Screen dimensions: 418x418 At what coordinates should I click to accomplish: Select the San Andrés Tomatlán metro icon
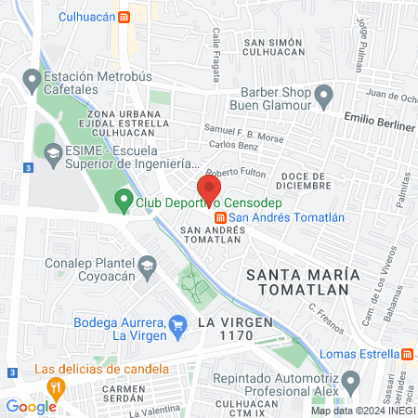(x=220, y=218)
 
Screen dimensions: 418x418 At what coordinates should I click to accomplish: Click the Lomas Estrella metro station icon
(x=408, y=354)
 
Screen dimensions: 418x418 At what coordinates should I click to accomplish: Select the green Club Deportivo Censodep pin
(x=123, y=200)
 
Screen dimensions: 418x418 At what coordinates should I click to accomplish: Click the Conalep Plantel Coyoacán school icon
(x=146, y=267)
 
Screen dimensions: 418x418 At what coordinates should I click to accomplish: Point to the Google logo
(x=31, y=406)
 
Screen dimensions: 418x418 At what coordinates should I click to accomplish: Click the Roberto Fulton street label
(x=236, y=173)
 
